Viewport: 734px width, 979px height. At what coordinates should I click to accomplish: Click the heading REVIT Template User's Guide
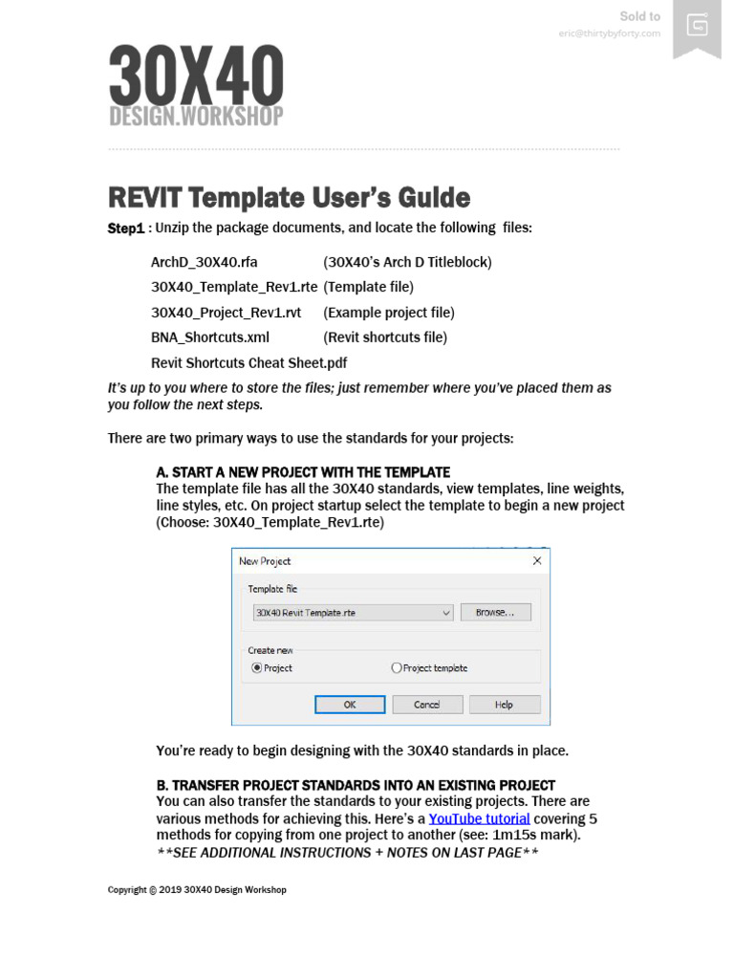[289, 198]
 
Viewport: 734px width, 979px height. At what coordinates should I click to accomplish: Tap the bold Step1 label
[125, 228]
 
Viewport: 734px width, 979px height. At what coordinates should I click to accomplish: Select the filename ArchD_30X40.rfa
[205, 262]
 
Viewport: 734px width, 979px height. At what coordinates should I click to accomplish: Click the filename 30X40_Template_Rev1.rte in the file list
[234, 287]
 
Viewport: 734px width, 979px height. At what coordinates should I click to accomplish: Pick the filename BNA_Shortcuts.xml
[210, 337]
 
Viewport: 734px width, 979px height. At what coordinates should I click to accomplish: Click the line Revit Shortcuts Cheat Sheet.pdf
[248, 362]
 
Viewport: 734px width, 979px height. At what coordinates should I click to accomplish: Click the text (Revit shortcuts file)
[385, 337]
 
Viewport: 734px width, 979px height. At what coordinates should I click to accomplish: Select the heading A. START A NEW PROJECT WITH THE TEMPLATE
[303, 472]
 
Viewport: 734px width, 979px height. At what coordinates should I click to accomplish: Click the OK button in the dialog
[350, 705]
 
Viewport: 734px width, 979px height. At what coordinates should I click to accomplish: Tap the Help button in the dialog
[504, 705]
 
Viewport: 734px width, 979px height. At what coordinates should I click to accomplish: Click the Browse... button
[495, 612]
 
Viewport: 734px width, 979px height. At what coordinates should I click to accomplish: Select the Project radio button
[257, 668]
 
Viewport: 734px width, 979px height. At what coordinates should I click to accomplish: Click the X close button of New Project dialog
[536, 561]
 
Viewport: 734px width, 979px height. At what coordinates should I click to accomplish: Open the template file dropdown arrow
[446, 613]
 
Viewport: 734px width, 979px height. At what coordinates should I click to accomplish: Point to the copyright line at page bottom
[197, 890]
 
